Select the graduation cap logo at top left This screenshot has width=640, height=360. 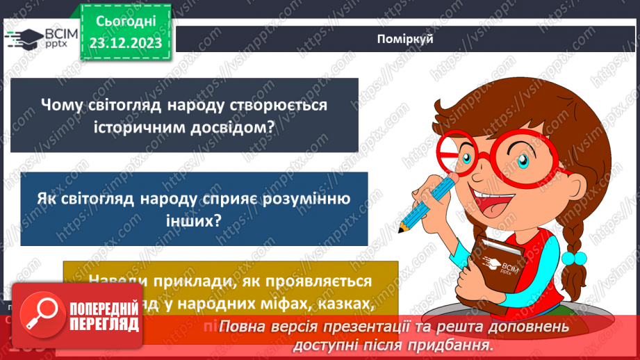coord(23,39)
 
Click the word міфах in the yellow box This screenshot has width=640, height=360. coord(309,303)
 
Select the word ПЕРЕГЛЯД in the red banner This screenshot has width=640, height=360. coord(104,325)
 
